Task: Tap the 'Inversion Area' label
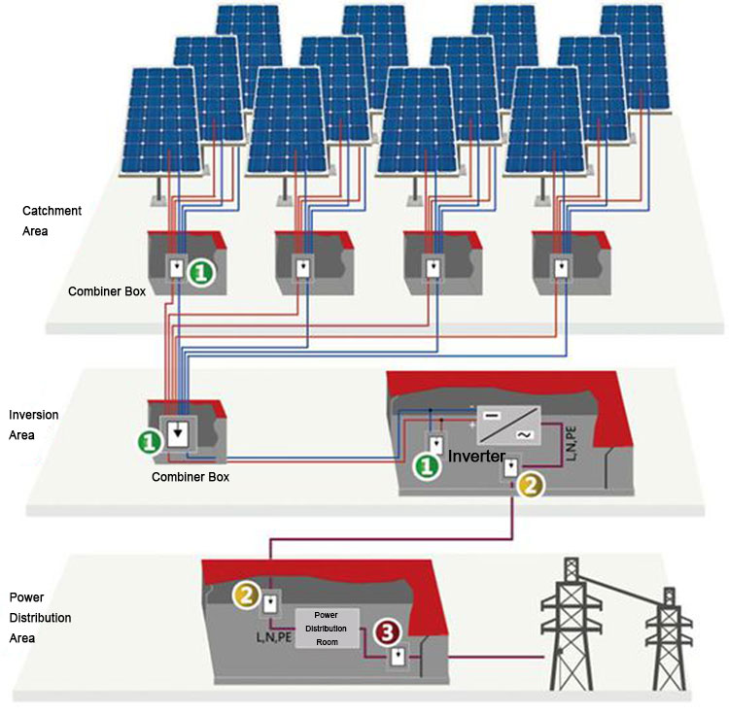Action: (x=33, y=425)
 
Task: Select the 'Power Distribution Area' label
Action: (x=40, y=617)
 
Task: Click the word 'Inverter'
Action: (x=475, y=455)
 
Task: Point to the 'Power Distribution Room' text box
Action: (x=326, y=628)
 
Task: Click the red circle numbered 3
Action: (x=388, y=633)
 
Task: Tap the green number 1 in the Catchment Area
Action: (x=200, y=274)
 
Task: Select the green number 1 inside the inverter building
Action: (x=425, y=467)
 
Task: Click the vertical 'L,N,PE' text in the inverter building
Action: (x=572, y=442)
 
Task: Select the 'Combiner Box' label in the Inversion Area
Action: (x=190, y=477)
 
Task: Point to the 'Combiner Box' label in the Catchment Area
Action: (x=106, y=290)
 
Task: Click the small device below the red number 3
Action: (x=397, y=657)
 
